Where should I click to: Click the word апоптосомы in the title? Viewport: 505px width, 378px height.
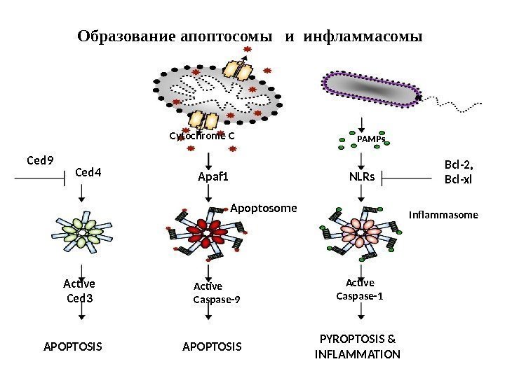tap(226, 34)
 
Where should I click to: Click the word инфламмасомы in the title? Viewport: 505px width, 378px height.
tap(364, 34)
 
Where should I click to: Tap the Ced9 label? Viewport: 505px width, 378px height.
tap(40, 160)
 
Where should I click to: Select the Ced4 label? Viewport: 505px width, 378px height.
tap(88, 169)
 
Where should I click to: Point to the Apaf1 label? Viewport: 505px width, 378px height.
tap(214, 177)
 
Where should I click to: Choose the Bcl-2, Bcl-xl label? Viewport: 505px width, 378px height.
tap(459, 171)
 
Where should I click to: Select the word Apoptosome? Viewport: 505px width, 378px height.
tap(264, 208)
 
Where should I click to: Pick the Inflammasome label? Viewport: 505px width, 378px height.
tap(443, 216)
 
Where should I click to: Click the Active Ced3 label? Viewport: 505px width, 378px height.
tap(79, 290)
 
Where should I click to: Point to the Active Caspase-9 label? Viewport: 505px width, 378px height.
tap(216, 293)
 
